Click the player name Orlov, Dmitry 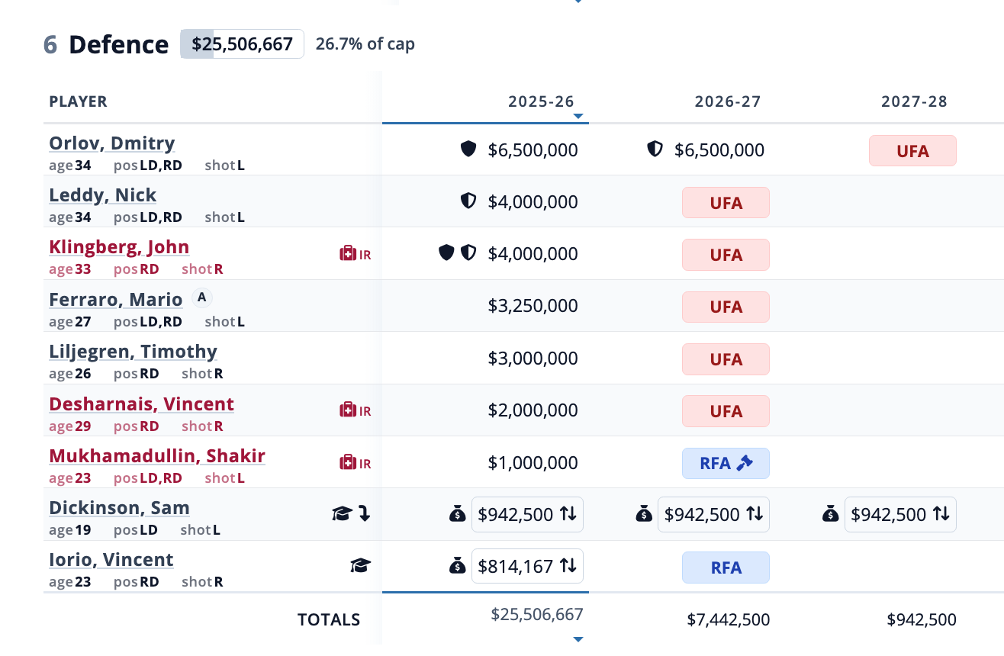(112, 143)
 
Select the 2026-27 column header (727, 101)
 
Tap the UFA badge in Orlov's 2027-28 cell (912, 151)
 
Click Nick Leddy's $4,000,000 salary (533, 202)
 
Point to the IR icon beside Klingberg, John (356, 254)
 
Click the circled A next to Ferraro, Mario (201, 297)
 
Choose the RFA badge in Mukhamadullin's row (726, 463)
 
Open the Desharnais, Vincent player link (141, 404)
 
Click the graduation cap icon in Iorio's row (360, 565)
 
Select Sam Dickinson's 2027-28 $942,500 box (899, 515)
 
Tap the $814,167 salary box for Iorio (526, 566)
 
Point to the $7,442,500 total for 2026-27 (728, 619)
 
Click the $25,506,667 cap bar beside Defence (242, 44)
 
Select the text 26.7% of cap (365, 44)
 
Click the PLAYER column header (78, 101)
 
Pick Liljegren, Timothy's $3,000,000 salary (533, 359)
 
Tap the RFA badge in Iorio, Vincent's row (726, 568)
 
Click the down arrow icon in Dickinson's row (364, 514)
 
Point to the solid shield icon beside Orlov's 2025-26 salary (468, 150)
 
